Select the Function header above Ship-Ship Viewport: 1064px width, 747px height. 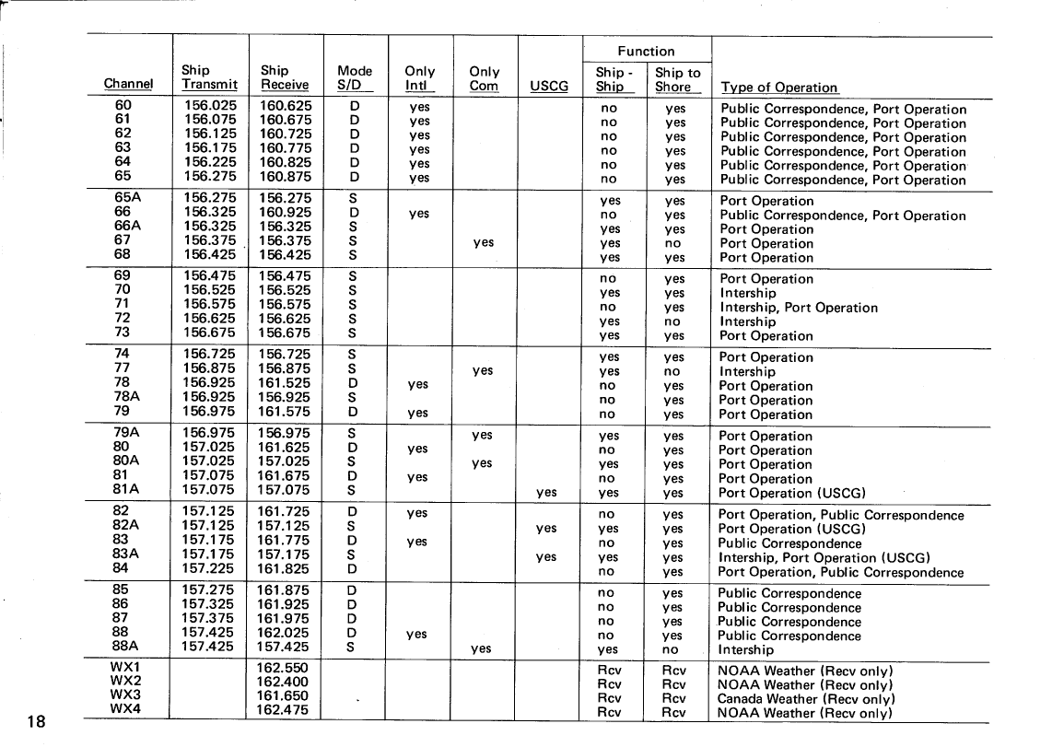[x=645, y=52]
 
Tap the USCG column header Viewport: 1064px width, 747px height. [x=549, y=88]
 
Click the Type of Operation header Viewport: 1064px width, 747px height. [x=778, y=88]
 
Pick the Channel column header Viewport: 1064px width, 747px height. [x=128, y=85]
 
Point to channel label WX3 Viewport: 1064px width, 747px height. [x=125, y=694]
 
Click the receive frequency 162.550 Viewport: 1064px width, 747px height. [x=282, y=667]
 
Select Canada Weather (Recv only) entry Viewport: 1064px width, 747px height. [x=806, y=698]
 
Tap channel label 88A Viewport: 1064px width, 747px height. [x=125, y=647]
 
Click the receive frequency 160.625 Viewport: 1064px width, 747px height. [x=286, y=106]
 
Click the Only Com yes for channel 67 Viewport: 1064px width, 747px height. [x=483, y=243]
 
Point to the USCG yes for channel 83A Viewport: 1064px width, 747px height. [x=546, y=557]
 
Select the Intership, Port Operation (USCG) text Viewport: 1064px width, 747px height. [x=824, y=557]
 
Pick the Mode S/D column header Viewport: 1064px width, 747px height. [x=355, y=78]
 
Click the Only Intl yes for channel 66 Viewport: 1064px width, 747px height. [x=418, y=215]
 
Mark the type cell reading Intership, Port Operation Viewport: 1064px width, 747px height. [x=798, y=308]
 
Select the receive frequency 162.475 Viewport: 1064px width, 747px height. [x=282, y=710]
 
